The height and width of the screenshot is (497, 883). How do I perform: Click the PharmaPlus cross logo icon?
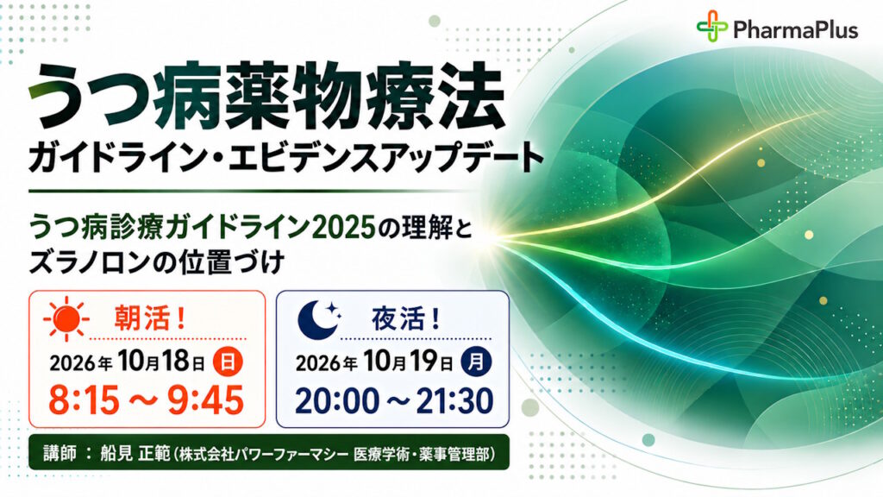coord(711,26)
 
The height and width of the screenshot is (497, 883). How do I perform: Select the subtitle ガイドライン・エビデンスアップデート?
coord(286,158)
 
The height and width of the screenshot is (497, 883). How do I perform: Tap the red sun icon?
coord(66,318)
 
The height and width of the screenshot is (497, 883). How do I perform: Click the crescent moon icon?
coord(319,319)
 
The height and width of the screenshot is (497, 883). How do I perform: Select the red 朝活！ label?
coord(150,319)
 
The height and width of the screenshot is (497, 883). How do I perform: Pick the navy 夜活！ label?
coord(406,319)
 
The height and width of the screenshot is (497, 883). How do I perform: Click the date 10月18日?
coord(161,362)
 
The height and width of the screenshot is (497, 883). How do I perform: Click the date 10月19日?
coord(409,362)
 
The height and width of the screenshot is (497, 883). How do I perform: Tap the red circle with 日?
coord(228,362)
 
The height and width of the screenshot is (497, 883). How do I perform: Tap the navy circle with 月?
coord(476,362)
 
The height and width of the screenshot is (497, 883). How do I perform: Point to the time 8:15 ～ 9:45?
coord(147,400)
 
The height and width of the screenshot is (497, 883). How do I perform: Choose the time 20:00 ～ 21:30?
coord(394,400)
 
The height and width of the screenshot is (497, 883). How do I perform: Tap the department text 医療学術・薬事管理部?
coord(422,454)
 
